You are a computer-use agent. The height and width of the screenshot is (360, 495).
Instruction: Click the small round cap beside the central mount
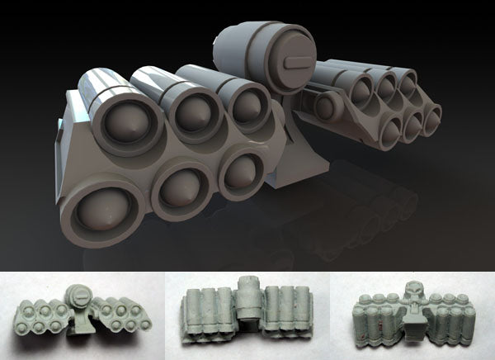323,105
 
